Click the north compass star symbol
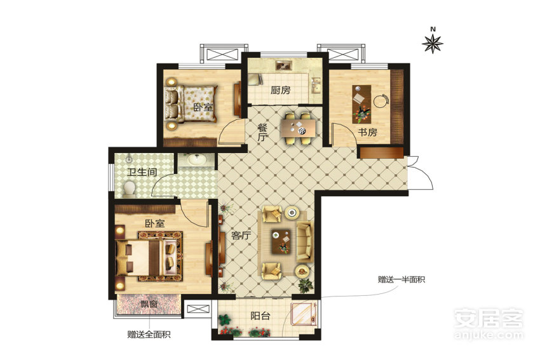click(x=433, y=44)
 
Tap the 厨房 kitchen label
click(x=280, y=91)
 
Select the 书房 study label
click(x=367, y=132)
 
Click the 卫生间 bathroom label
click(x=142, y=171)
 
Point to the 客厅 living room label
click(x=241, y=236)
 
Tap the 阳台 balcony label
click(x=260, y=316)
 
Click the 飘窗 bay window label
click(x=149, y=304)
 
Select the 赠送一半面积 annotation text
click(x=402, y=279)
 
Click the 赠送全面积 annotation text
click(x=149, y=335)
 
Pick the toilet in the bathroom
click(x=129, y=189)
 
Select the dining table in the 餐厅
click(x=298, y=128)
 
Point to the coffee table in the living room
click(x=281, y=241)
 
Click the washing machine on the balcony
click(x=304, y=314)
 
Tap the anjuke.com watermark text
click(x=489, y=335)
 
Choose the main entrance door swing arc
click(x=426, y=173)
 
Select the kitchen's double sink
click(x=316, y=86)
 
